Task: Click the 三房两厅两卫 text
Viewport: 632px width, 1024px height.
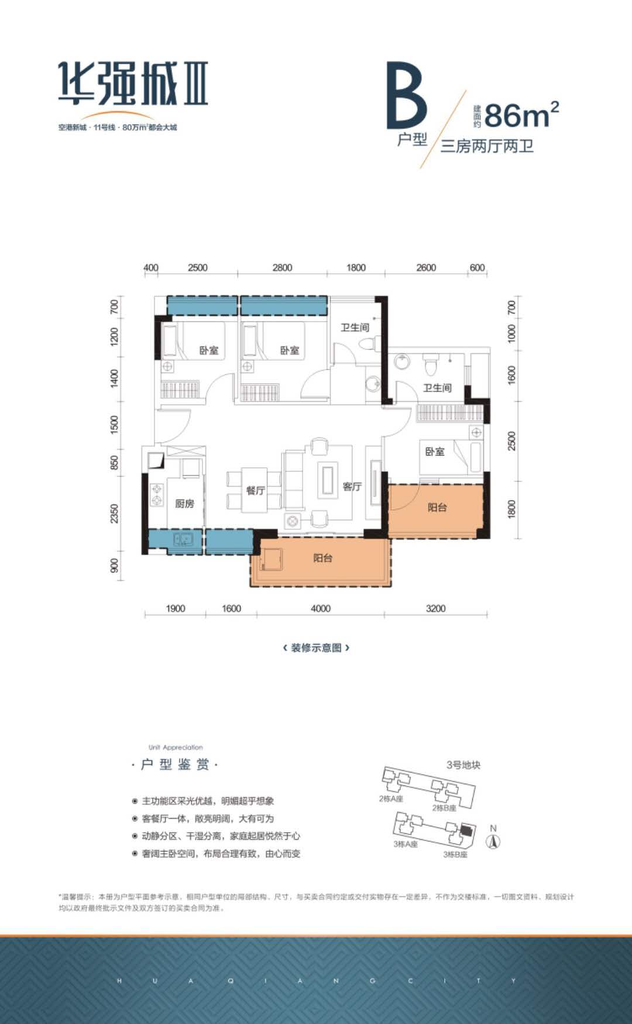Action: coord(487,146)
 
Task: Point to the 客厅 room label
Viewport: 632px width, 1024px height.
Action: coord(352,487)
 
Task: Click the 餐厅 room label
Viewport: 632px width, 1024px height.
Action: coord(256,491)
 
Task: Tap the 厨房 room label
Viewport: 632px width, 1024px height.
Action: coord(184,503)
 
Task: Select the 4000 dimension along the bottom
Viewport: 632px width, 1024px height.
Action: coord(320,608)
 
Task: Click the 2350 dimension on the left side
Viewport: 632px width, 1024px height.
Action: coord(115,513)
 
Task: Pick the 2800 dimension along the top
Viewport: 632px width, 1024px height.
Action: coord(282,267)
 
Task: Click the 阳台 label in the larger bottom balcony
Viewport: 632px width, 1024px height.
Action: coord(322,558)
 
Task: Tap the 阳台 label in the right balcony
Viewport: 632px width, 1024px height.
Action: coord(437,508)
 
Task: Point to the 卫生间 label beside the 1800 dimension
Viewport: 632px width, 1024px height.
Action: coord(355,327)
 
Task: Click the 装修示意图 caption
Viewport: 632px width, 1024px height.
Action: coord(316,647)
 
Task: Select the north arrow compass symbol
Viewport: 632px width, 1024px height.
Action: coord(493,841)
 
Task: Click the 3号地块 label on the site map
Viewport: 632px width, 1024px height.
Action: coord(463,765)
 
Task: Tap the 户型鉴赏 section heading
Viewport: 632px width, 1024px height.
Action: coord(175,764)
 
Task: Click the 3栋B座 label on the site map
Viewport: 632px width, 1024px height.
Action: coord(455,854)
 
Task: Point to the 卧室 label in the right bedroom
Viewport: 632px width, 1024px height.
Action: coord(435,451)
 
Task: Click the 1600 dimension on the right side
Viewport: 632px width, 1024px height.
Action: coord(512,375)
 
